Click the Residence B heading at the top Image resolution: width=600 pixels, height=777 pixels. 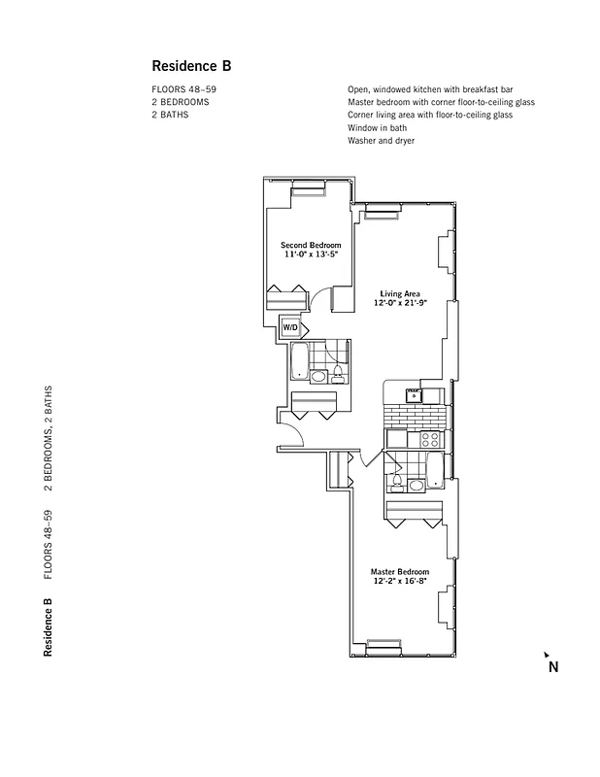(x=191, y=66)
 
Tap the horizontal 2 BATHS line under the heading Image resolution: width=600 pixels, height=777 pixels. (x=170, y=115)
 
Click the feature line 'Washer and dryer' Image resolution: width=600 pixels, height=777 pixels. (x=382, y=140)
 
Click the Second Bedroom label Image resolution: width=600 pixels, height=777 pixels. (x=311, y=245)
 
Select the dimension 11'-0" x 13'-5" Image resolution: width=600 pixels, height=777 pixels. (x=311, y=254)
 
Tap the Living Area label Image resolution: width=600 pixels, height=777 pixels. (x=399, y=293)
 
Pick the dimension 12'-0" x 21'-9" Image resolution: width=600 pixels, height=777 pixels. (x=399, y=303)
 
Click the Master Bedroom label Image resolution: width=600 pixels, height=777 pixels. (x=400, y=572)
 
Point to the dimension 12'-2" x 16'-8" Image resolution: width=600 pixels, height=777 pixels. (x=400, y=582)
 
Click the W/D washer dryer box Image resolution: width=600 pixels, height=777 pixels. (x=290, y=328)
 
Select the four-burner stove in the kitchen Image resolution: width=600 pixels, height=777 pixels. (x=428, y=440)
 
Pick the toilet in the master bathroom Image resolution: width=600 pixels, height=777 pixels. (x=417, y=483)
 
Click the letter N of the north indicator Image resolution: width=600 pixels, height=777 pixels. (x=552, y=667)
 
